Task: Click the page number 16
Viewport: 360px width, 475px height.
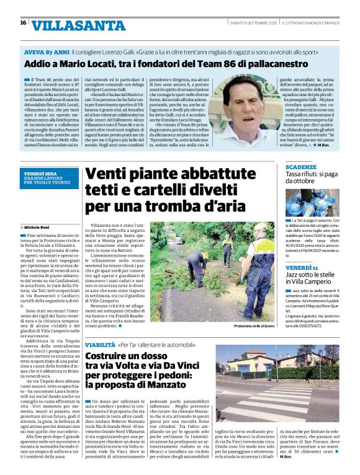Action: pos(23,23)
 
